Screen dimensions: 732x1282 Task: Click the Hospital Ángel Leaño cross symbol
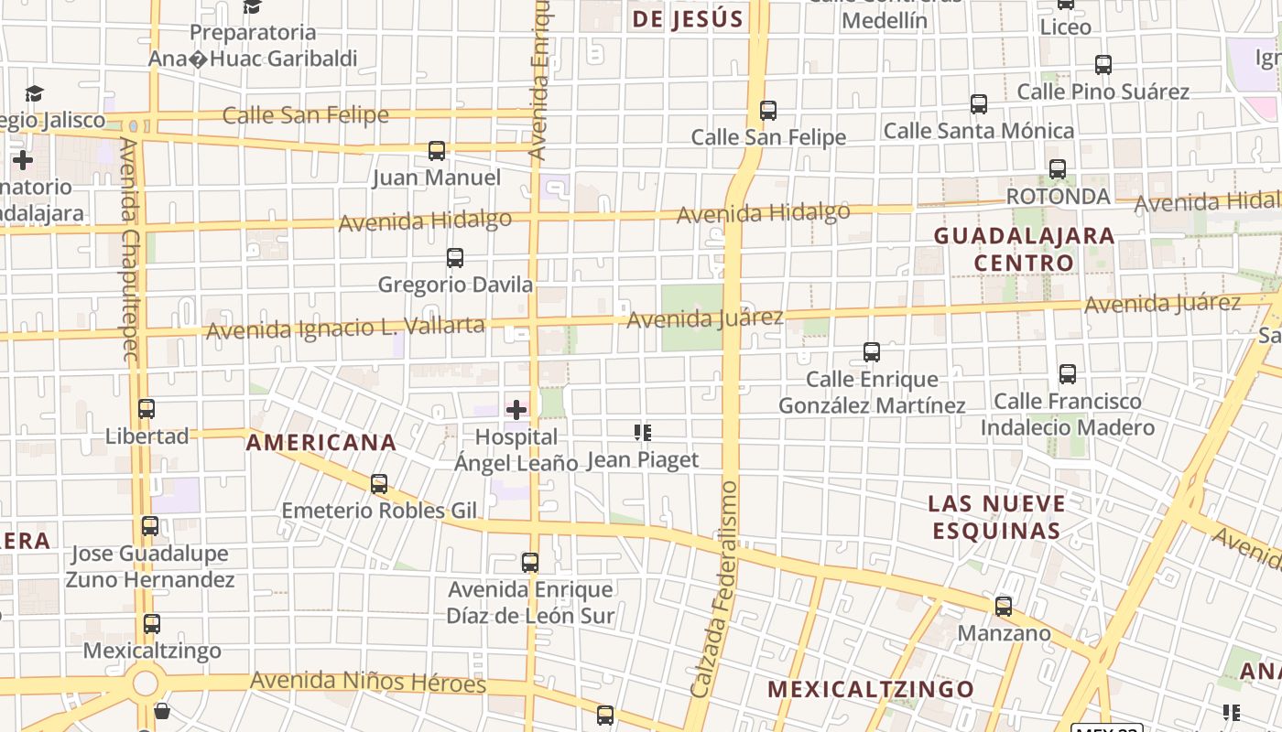pyautogui.click(x=516, y=409)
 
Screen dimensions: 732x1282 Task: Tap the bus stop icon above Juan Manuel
pyautogui.click(x=437, y=150)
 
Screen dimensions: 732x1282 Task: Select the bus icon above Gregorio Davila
pyautogui.click(x=454, y=257)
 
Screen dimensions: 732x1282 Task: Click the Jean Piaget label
pyautogui.click(x=642, y=459)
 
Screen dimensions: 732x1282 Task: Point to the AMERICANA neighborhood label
pyautogui.click(x=321, y=443)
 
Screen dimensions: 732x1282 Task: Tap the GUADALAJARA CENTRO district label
pyautogui.click(x=1024, y=249)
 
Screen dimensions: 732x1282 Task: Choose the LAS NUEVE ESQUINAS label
pyautogui.click(x=996, y=517)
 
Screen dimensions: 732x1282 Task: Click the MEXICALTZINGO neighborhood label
pyautogui.click(x=870, y=689)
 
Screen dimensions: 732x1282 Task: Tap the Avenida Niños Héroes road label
pyautogui.click(x=368, y=682)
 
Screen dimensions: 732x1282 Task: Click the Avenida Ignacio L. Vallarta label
pyautogui.click(x=345, y=327)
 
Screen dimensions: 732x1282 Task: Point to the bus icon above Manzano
pyautogui.click(x=1004, y=606)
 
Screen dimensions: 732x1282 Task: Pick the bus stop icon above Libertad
pyautogui.click(x=147, y=408)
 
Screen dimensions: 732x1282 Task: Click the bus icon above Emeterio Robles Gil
pyautogui.click(x=379, y=483)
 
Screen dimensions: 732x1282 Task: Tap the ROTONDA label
pyautogui.click(x=1058, y=197)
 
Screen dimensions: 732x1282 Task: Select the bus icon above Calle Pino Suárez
pyautogui.click(x=1103, y=65)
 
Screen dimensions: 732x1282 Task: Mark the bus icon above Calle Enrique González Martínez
pyautogui.click(x=872, y=351)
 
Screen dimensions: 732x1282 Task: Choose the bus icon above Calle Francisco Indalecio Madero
pyautogui.click(x=1068, y=373)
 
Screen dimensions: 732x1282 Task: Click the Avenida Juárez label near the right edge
pyautogui.click(x=1162, y=304)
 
